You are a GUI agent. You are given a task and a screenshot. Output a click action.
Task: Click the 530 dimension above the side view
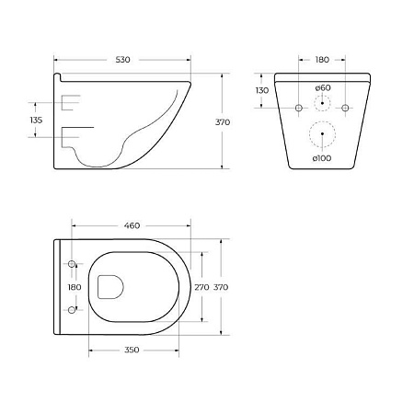(122, 59)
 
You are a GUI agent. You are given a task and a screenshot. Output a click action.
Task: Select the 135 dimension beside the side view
(37, 120)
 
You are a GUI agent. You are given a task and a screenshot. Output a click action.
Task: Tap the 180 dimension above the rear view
(322, 59)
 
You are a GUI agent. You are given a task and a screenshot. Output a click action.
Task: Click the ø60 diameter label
(322, 88)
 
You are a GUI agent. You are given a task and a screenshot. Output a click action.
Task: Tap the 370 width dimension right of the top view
(221, 287)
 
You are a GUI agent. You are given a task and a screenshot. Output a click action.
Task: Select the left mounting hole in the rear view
(299, 109)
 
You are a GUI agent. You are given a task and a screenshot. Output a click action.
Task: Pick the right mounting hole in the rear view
(345, 109)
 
